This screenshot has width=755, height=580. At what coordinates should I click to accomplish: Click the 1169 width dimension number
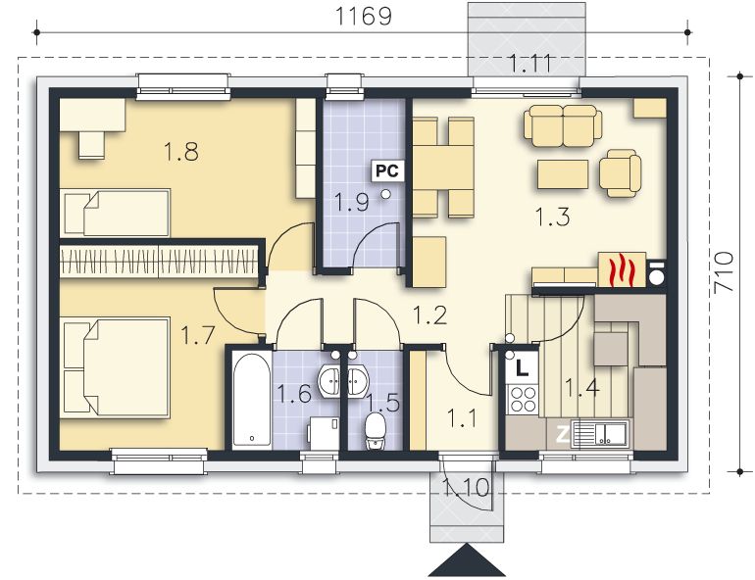(x=363, y=17)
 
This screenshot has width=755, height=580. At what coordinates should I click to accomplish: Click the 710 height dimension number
(x=724, y=271)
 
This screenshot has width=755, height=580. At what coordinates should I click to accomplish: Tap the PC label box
(x=387, y=170)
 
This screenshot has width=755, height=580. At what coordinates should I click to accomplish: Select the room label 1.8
(x=181, y=151)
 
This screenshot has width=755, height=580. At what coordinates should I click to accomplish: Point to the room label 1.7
(x=197, y=335)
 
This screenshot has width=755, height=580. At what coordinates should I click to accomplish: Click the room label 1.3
(x=553, y=217)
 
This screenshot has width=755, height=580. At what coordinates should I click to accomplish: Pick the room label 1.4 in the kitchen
(x=581, y=388)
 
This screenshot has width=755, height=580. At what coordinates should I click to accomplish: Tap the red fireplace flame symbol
(x=620, y=270)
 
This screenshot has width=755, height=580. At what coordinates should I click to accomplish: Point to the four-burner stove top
(x=523, y=399)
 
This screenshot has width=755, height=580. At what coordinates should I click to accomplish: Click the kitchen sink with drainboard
(x=600, y=434)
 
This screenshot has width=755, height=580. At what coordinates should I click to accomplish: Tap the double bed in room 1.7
(x=117, y=367)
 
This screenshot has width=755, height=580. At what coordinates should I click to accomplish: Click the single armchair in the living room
(x=620, y=173)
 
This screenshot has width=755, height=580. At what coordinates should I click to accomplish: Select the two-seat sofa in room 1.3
(x=564, y=126)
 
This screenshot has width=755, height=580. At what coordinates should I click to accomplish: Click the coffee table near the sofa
(x=563, y=174)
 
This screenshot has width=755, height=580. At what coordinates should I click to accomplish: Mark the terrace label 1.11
(x=529, y=63)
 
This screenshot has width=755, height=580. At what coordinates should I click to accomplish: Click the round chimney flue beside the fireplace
(x=656, y=277)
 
